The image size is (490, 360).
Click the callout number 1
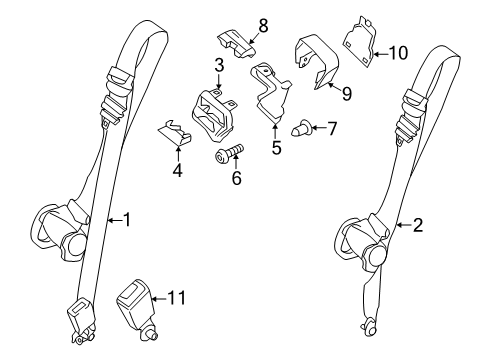127,220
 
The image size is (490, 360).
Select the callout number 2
418,225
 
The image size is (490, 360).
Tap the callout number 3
219,65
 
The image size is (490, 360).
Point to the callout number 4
178,171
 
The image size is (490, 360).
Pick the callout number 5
276,148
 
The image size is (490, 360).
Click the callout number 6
236,178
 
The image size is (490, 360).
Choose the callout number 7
332,129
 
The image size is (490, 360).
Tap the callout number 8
263,26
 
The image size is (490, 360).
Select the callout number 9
347,94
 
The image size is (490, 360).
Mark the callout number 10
398,53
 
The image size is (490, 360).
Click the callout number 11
176,298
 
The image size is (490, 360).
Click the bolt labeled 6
229,153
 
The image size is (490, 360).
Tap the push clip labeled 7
301,128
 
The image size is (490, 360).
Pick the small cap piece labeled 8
236,44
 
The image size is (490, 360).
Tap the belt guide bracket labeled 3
214,115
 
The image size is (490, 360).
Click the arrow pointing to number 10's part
380,53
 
